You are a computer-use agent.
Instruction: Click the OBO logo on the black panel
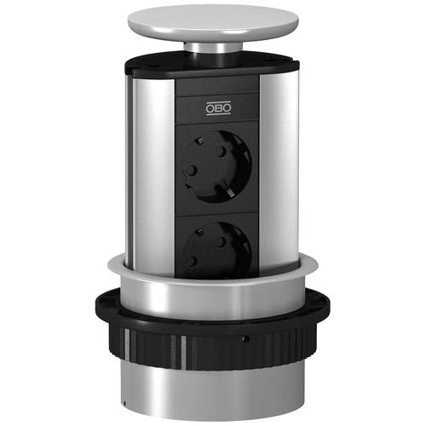tap(218, 108)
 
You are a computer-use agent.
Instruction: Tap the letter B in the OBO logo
tap(218, 108)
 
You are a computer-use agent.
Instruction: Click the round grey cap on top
tap(213, 23)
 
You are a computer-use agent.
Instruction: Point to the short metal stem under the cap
tap(213, 49)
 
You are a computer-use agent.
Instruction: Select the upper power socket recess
tap(216, 167)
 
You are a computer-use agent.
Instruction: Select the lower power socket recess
tap(216, 250)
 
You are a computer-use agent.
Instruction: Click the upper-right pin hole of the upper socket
tap(222, 152)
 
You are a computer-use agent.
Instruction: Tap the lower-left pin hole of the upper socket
tap(191, 170)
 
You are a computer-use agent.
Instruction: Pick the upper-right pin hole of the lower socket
tap(221, 242)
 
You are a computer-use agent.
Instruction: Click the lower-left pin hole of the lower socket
tap(191, 261)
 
